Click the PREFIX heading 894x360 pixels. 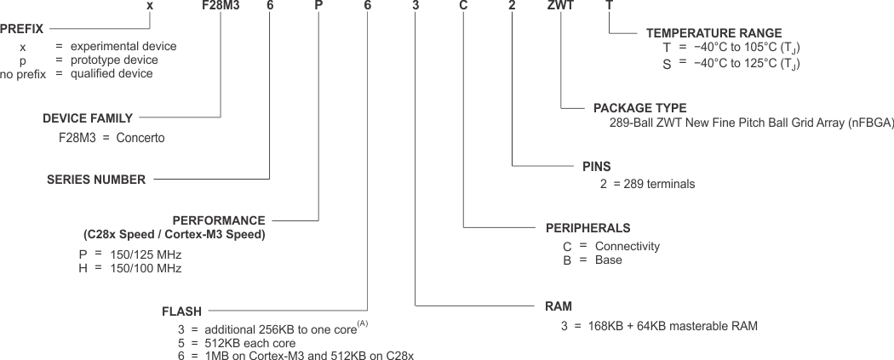click(x=22, y=29)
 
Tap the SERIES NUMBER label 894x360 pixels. click(x=95, y=180)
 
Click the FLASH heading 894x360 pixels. click(x=181, y=311)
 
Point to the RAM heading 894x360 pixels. click(x=558, y=305)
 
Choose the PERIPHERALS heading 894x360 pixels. click(x=587, y=228)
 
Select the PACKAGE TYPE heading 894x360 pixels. click(x=639, y=108)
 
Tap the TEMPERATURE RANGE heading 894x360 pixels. click(x=713, y=33)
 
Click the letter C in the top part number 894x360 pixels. click(x=464, y=6)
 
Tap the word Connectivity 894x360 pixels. click(x=628, y=247)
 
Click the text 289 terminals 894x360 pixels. click(x=659, y=183)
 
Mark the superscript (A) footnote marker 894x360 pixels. click(x=363, y=323)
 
